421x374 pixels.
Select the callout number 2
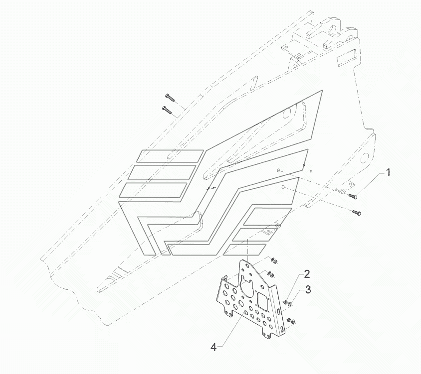[x=307, y=273]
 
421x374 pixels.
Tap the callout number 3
[x=309, y=289]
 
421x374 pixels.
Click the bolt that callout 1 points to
[x=353, y=196]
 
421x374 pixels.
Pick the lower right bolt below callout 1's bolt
[x=358, y=213]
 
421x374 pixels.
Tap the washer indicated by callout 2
[x=285, y=302]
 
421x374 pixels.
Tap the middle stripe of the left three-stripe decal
[x=162, y=173]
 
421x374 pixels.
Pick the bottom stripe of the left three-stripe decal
[x=154, y=190]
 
